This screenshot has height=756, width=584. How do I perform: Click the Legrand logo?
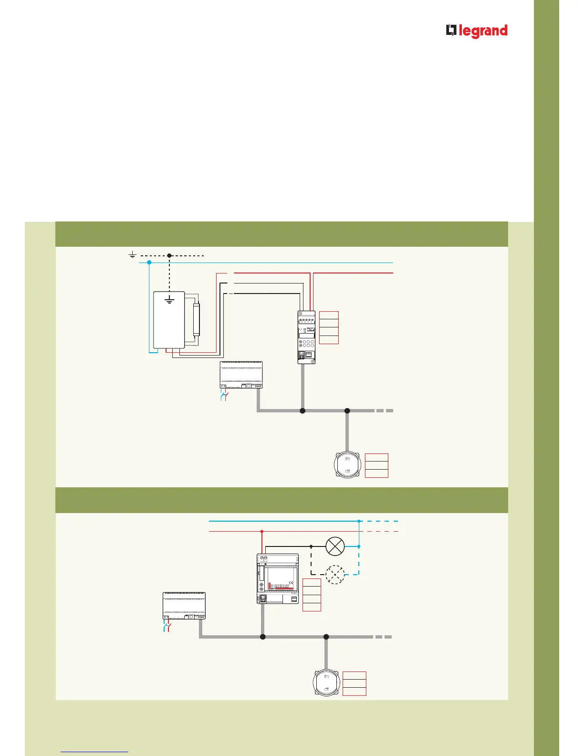477,31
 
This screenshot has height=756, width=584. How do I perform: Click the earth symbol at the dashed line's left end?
133,256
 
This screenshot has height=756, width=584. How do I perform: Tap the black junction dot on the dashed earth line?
169,256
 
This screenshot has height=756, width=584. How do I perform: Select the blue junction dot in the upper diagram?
149,262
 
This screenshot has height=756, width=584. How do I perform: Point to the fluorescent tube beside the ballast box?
196,319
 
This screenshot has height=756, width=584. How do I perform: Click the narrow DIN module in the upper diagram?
306,337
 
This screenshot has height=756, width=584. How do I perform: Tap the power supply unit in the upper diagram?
241,375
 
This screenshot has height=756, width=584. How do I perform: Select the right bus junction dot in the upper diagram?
347,410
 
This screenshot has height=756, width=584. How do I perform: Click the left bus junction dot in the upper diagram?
302,410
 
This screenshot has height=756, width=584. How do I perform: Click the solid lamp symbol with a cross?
335,546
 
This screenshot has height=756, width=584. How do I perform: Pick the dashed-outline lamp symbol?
335,575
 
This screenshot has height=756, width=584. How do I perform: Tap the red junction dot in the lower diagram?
262,531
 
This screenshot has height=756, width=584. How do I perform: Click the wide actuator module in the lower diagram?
278,578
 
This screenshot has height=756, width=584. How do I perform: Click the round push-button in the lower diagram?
326,682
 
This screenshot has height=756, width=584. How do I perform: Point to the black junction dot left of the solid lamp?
311,546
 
